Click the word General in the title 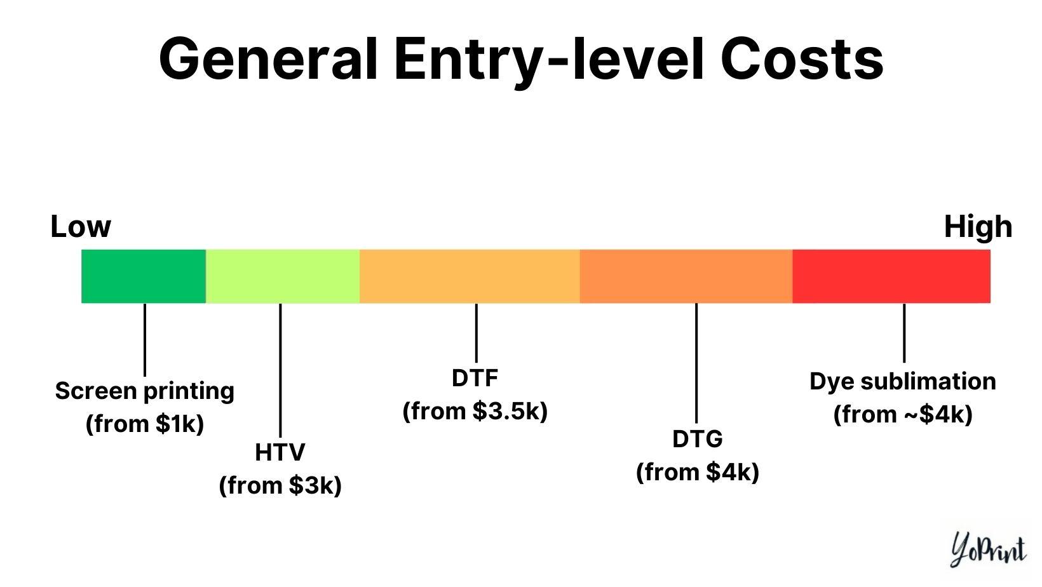[x=267, y=58]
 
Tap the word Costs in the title [x=802, y=58]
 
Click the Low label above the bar [x=81, y=227]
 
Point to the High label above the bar [x=978, y=227]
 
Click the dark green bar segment [x=144, y=276]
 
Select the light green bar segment [x=283, y=276]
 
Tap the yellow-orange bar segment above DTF [x=470, y=276]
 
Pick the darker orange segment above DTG [x=686, y=276]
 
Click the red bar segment [x=891, y=276]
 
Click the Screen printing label [x=145, y=391]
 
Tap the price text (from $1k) [x=145, y=424]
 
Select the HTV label [x=280, y=452]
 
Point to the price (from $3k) [x=280, y=485]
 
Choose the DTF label [x=475, y=378]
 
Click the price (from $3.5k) [x=475, y=411]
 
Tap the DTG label [x=698, y=439]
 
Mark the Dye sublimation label [x=903, y=381]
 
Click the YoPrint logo [x=989, y=550]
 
